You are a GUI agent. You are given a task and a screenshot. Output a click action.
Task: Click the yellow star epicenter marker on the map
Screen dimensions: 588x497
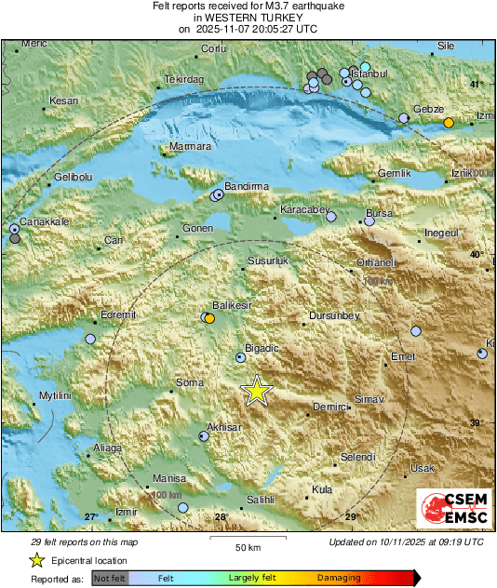tap(255, 392)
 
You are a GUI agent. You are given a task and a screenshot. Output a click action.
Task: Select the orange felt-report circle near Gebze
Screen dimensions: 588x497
tap(449, 123)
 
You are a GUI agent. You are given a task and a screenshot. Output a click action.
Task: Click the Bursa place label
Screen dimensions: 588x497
tap(379, 213)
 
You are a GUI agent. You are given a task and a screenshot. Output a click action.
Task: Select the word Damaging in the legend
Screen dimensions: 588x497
tap(339, 578)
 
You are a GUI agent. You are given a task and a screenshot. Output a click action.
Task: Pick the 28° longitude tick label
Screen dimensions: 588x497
tap(221, 517)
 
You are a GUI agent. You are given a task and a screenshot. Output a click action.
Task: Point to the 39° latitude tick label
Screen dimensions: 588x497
tap(476, 423)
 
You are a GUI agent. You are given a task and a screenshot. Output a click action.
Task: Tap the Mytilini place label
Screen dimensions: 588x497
tap(55, 396)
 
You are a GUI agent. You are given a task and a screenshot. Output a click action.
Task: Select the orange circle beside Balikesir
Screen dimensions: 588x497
tap(210, 318)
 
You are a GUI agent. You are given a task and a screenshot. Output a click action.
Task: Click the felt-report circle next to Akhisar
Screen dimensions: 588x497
tap(204, 435)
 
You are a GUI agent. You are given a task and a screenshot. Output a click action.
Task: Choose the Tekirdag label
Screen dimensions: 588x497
tap(183, 80)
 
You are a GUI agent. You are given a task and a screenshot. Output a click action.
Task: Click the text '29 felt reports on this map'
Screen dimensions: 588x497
tap(85, 541)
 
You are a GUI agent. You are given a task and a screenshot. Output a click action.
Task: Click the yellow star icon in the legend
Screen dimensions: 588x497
tap(36, 560)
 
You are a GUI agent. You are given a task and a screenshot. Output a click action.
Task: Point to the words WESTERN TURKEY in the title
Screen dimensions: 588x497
tap(248, 17)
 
